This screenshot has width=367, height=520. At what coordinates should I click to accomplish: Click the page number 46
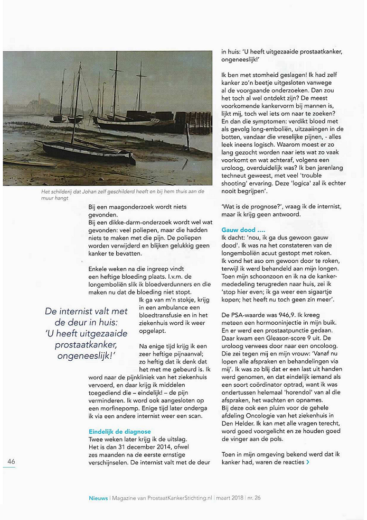tap(11, 461)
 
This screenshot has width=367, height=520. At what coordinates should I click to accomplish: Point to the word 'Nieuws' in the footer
tap(98, 498)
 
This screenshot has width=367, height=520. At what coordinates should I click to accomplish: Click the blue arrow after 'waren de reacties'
tap(308, 462)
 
